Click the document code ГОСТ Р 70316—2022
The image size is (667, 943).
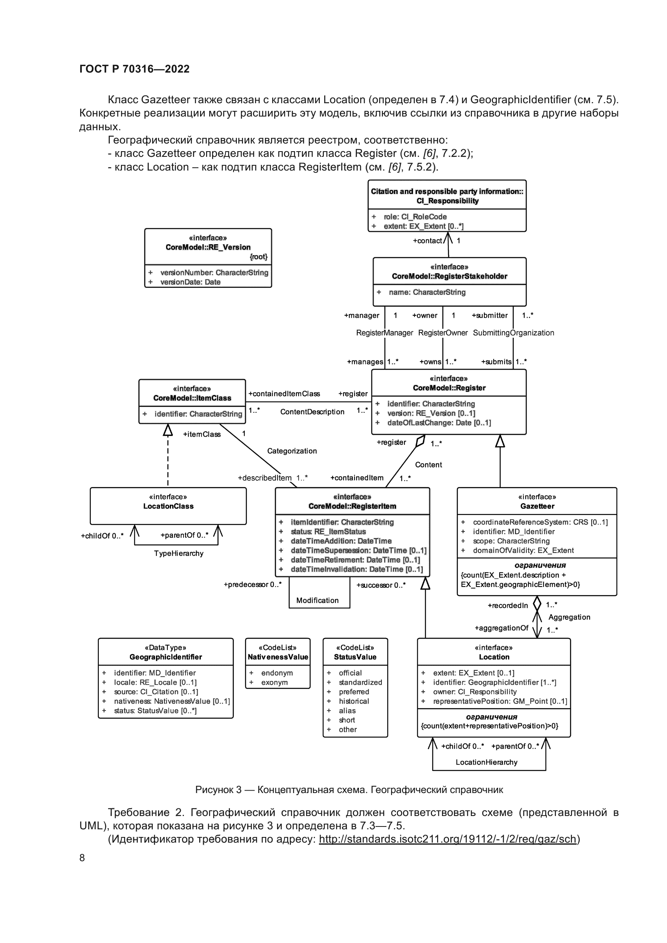pos(134,69)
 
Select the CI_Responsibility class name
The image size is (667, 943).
pos(447,201)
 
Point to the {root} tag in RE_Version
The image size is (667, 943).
pos(258,257)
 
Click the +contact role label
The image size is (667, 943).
pos(427,241)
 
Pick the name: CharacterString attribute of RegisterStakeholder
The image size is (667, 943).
pos(427,292)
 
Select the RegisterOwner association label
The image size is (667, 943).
pos(443,333)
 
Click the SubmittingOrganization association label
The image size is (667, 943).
pos(513,333)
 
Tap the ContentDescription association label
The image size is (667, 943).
pos(312,412)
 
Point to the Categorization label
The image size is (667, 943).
pos(292,451)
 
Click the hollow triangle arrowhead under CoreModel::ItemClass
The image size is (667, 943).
pos(168,430)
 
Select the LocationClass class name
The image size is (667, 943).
pos(169,506)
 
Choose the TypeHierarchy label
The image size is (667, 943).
pos(179,554)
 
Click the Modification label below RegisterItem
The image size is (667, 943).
pos(317,600)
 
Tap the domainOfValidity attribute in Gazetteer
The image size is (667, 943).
pos(523,550)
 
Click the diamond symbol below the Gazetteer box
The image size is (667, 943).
pos(537,604)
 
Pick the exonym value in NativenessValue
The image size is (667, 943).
pos(274,683)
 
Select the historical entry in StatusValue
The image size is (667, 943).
pos(354,702)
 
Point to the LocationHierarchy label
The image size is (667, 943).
pos(486,762)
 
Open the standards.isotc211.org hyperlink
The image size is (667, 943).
pos(448,839)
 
